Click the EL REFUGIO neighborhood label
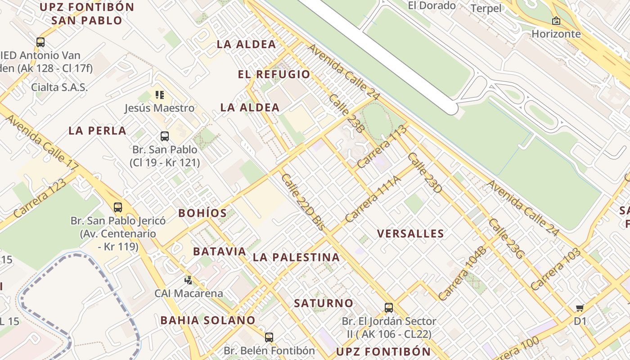click(274, 74)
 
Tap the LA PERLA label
click(97, 131)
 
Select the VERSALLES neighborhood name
click(410, 234)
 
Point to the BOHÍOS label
click(202, 213)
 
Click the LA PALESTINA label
click(296, 257)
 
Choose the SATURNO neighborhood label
click(324, 303)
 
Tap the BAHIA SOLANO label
click(208, 320)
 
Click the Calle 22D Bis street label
click(302, 202)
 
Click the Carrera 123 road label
click(40, 198)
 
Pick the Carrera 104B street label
click(462, 273)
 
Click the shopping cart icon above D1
click(580, 308)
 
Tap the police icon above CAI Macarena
click(188, 280)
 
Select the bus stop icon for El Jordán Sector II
click(389, 308)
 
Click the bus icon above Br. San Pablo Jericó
click(118, 207)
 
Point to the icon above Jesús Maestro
click(160, 95)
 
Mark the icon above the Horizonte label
click(556, 21)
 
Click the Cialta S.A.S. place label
click(59, 87)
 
